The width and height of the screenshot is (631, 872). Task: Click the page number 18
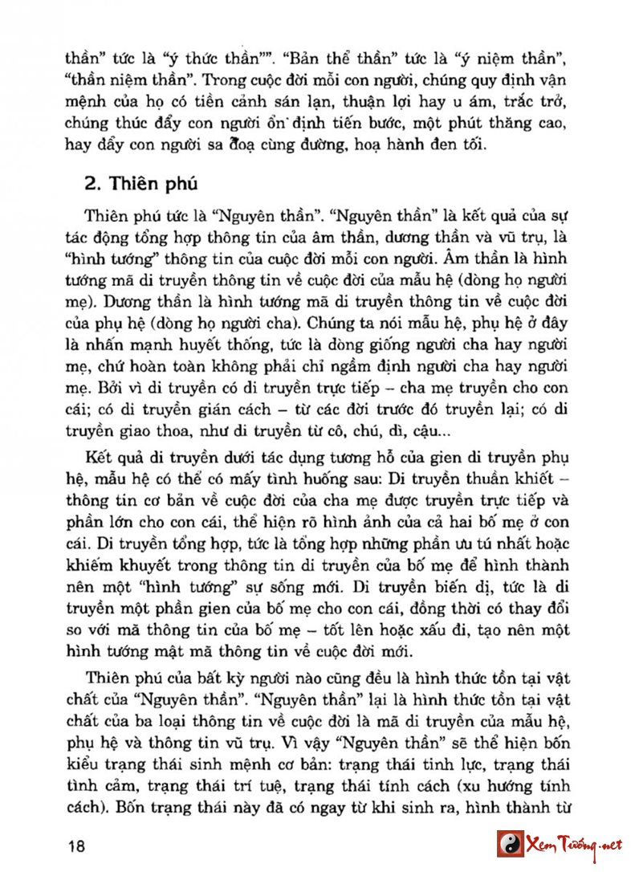(77, 846)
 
